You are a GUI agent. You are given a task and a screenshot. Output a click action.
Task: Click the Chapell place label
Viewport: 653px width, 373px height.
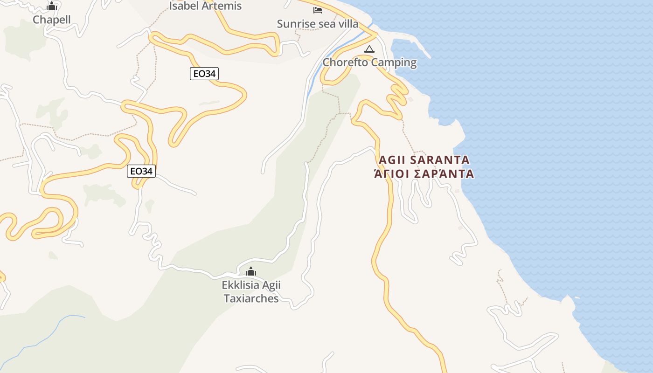52,20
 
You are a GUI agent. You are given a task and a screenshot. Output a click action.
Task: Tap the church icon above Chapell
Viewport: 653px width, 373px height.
52,6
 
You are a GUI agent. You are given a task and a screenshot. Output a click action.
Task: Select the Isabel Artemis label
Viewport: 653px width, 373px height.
205,6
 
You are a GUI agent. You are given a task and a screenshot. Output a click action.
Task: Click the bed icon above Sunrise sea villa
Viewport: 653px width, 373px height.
318,10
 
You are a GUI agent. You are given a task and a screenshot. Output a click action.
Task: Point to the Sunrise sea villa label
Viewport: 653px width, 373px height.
318,24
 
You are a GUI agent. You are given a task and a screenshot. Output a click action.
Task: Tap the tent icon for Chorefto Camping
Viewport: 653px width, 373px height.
369,49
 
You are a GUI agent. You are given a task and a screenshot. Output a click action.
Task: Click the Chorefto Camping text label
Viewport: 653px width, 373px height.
369,62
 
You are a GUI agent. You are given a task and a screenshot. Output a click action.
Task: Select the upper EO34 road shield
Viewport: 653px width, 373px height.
204,73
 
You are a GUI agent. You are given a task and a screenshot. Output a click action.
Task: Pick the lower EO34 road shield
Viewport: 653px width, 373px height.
141,171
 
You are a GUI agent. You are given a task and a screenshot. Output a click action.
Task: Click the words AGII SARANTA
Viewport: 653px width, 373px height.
424,160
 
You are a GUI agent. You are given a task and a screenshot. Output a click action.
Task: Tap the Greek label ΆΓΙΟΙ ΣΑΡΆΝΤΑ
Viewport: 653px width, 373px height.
424,174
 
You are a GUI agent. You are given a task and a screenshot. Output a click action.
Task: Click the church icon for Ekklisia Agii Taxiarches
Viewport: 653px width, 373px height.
251,271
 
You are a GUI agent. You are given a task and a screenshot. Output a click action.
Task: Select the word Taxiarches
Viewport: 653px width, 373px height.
251,298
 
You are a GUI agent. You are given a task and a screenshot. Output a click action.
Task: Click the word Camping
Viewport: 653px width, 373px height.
394,62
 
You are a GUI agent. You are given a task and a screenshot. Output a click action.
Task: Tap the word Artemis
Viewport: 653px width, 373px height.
223,6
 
